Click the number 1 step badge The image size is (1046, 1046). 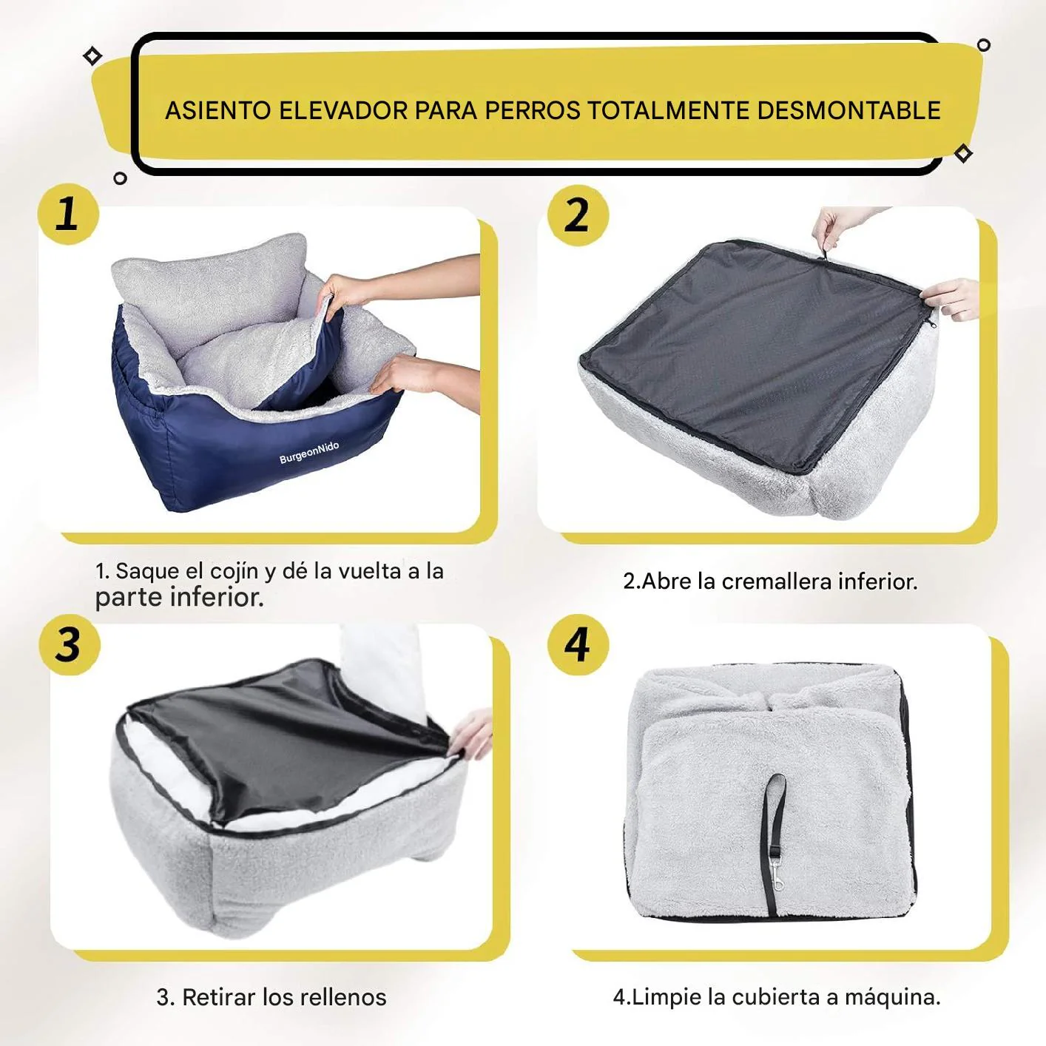click(x=68, y=215)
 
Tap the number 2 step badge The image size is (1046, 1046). click(x=578, y=215)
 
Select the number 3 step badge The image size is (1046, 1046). click(x=70, y=645)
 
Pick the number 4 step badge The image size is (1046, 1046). click(x=578, y=645)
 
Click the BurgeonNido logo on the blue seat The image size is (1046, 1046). click(x=309, y=452)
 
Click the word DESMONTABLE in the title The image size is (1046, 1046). click(x=848, y=111)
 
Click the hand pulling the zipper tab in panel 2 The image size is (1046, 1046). click(x=839, y=228)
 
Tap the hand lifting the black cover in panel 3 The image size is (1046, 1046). click(x=471, y=733)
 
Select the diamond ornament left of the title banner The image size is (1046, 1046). click(x=92, y=56)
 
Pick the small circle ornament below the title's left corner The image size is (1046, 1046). click(x=121, y=178)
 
